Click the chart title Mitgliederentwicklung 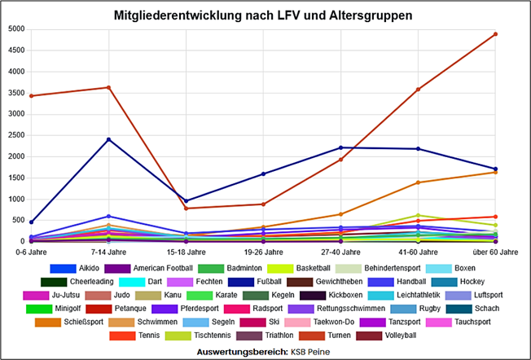coord(265,15)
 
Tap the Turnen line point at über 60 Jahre coord(495,34)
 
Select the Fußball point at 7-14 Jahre coord(109,139)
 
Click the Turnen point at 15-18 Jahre coord(187,209)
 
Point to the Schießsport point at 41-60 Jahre coord(418,182)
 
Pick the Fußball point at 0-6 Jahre coord(32,222)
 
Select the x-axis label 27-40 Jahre coord(340,253)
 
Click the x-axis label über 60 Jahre coord(495,253)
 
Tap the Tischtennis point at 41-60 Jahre coord(418,216)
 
